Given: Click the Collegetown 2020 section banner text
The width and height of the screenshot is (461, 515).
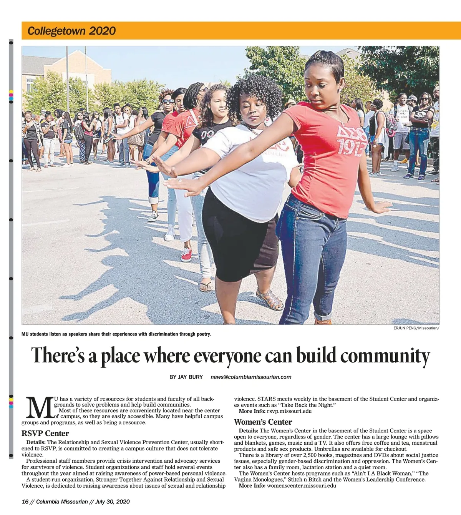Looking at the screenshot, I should point(71,31).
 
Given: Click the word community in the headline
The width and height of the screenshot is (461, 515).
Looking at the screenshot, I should point(385,356).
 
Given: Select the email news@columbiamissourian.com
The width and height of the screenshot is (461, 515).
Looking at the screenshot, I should point(251,377).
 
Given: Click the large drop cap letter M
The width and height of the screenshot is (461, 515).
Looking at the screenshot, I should point(39,408).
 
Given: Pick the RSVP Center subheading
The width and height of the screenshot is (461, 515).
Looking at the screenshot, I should point(45,434).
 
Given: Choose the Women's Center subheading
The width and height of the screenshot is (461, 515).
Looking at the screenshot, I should point(263,422).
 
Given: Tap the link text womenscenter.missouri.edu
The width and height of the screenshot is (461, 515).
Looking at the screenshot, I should point(302,486).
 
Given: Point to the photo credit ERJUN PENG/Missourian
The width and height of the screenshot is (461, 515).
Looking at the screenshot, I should point(416,328).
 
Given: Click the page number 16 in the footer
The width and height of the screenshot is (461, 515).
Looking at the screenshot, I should point(25,502).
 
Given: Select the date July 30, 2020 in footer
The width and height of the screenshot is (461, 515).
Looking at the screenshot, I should point(113,502).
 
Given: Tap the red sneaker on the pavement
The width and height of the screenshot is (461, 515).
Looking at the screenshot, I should point(186,254).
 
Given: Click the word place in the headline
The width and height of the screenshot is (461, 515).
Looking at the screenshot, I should point(120,356).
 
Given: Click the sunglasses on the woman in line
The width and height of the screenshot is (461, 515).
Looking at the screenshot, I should point(168,101).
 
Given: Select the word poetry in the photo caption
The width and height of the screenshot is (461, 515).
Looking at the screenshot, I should point(202,334).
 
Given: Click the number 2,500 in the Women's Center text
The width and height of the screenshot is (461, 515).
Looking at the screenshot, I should point(310,455).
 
